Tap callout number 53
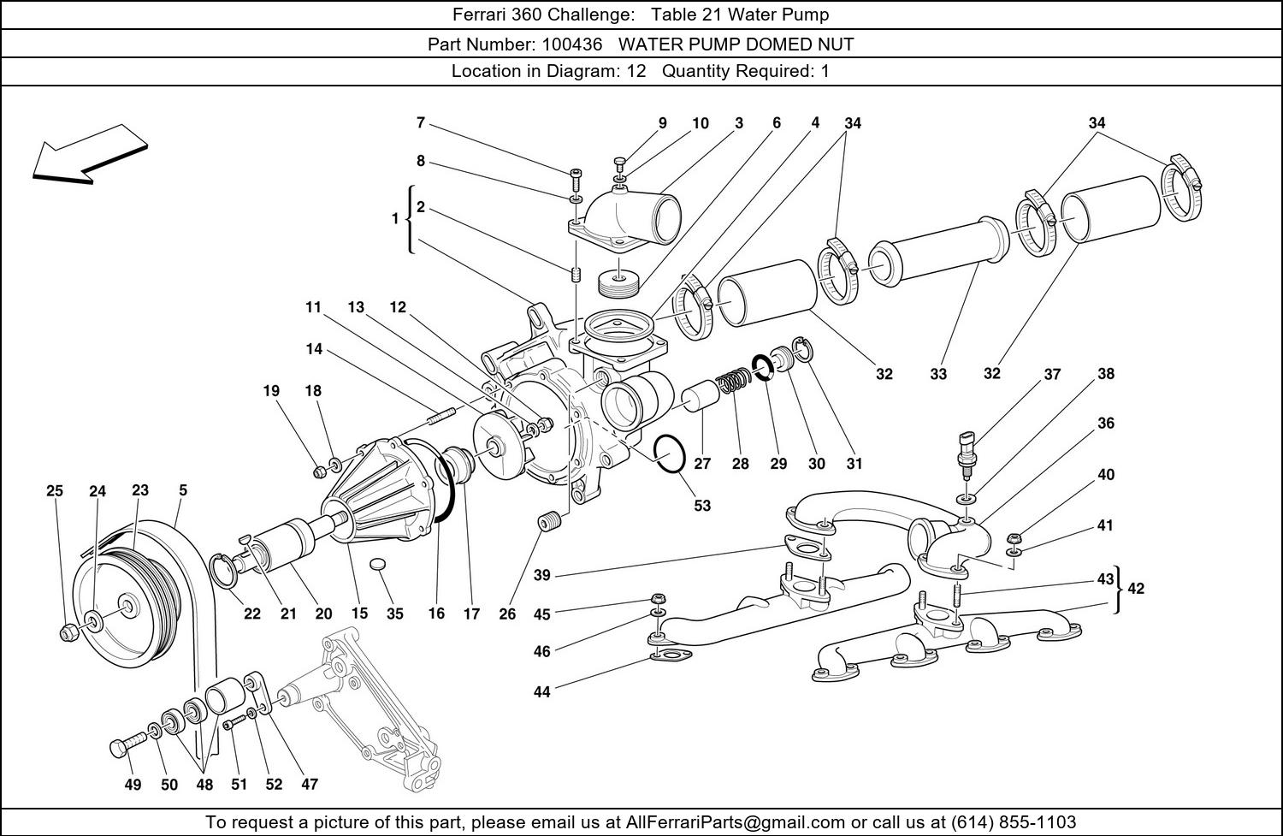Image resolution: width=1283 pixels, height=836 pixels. pos(701,505)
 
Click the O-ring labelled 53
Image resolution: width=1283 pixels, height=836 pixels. pos(669,454)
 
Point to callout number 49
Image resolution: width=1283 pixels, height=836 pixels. pos(132,785)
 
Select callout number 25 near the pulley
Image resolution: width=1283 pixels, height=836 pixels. pos(55,491)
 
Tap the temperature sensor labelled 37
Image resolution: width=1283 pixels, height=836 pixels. pos(965,448)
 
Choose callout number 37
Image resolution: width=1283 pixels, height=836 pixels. pos(1052,374)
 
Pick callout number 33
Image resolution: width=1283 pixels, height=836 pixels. pos(938,374)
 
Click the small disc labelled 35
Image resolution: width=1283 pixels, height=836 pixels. pos(379,566)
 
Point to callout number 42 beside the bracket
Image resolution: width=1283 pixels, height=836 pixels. pos(1136,588)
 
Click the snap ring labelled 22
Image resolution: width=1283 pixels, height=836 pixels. pos(224,571)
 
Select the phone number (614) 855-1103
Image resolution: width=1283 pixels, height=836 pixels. pos(1014,822)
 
